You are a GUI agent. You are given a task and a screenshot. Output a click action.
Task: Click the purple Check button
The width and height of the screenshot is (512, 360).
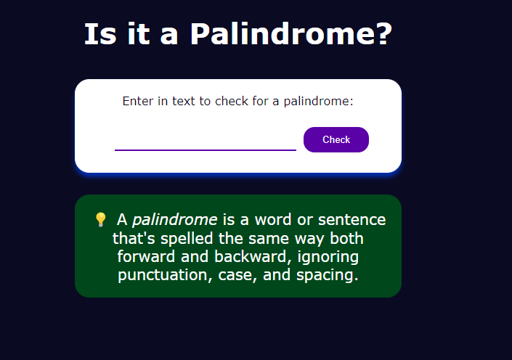(336, 139)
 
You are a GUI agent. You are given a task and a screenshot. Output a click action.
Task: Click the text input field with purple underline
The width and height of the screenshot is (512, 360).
(206, 139)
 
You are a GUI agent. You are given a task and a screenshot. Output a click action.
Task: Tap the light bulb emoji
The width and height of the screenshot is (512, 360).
(100, 220)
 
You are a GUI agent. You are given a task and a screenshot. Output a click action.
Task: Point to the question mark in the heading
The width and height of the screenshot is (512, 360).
(386, 33)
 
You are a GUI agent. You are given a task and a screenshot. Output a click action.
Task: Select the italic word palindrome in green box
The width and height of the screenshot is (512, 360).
(175, 220)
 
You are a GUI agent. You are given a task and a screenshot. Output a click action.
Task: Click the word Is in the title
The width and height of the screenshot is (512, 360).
(100, 34)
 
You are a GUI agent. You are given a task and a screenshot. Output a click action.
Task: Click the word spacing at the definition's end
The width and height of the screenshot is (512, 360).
(328, 275)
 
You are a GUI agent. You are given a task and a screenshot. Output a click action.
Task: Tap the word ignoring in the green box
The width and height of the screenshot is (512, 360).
(328, 257)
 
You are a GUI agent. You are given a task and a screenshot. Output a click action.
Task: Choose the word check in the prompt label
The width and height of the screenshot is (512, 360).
(232, 101)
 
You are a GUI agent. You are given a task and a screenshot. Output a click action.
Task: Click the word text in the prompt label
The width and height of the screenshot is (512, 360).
(184, 101)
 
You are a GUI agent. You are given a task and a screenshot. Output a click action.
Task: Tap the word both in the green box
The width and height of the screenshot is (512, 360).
(346, 238)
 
